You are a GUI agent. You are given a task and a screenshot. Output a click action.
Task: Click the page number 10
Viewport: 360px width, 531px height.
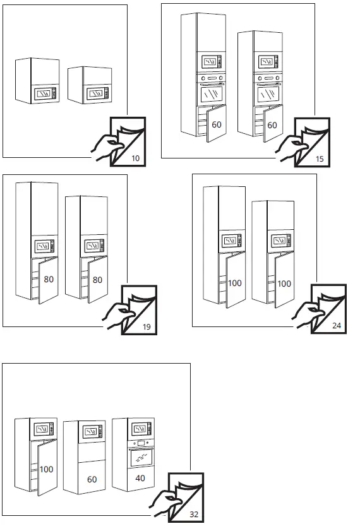tap(135, 158)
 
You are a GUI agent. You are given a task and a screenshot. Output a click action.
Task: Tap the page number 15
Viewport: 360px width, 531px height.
tap(320, 159)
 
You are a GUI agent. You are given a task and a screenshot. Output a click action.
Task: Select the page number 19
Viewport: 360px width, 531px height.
tap(147, 327)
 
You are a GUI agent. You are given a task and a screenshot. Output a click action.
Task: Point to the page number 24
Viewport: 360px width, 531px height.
tap(337, 325)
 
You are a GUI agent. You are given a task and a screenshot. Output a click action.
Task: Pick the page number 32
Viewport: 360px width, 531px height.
tap(194, 515)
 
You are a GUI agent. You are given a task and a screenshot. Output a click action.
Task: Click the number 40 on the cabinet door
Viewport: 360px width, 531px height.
tap(140, 478)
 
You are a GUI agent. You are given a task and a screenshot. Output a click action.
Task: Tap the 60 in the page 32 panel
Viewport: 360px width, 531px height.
tap(92, 479)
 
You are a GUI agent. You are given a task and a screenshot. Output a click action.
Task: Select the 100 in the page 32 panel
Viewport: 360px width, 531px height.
tap(46, 469)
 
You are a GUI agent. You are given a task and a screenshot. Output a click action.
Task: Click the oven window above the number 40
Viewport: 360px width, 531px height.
tap(141, 458)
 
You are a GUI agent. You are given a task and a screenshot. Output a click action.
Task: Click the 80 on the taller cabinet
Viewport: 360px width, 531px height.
tap(49, 279)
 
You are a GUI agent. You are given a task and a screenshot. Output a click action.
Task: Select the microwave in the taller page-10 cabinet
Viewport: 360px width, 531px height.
tap(45, 93)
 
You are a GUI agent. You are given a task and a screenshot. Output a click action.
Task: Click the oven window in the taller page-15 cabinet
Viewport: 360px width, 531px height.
tap(212, 95)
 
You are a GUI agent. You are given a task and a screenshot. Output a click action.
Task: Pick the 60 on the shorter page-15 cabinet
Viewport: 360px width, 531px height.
tap(272, 125)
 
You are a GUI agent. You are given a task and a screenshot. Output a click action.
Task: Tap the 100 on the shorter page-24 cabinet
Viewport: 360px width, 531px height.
tap(284, 283)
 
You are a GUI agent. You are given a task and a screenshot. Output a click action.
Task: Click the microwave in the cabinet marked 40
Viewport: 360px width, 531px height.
tap(141, 429)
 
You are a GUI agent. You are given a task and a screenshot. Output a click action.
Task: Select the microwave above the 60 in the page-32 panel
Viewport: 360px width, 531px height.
tap(93, 431)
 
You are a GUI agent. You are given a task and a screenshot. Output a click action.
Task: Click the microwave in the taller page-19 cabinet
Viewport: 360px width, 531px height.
tap(44, 246)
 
